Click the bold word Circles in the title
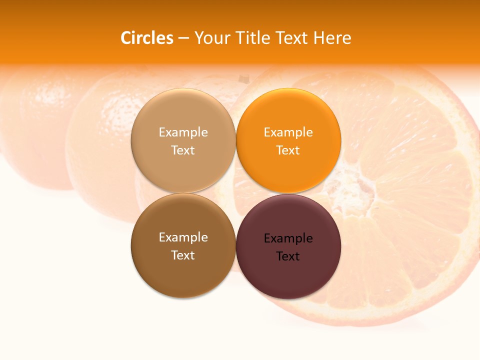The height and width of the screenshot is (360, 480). point(147,37)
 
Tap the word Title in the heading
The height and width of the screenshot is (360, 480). point(251,37)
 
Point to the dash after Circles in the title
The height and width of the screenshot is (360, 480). point(183,38)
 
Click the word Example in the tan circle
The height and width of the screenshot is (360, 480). point(183,132)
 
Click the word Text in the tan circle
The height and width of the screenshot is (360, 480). point(183,150)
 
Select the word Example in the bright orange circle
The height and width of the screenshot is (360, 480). point(288,132)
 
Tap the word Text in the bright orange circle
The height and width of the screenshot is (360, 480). point(288,150)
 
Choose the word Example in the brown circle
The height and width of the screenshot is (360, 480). point(183,237)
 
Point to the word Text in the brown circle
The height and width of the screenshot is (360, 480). point(183,255)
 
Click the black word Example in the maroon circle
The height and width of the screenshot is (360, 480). point(288,238)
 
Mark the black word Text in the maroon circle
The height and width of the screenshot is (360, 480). point(288,256)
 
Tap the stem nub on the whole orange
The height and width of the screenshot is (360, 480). point(243,78)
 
